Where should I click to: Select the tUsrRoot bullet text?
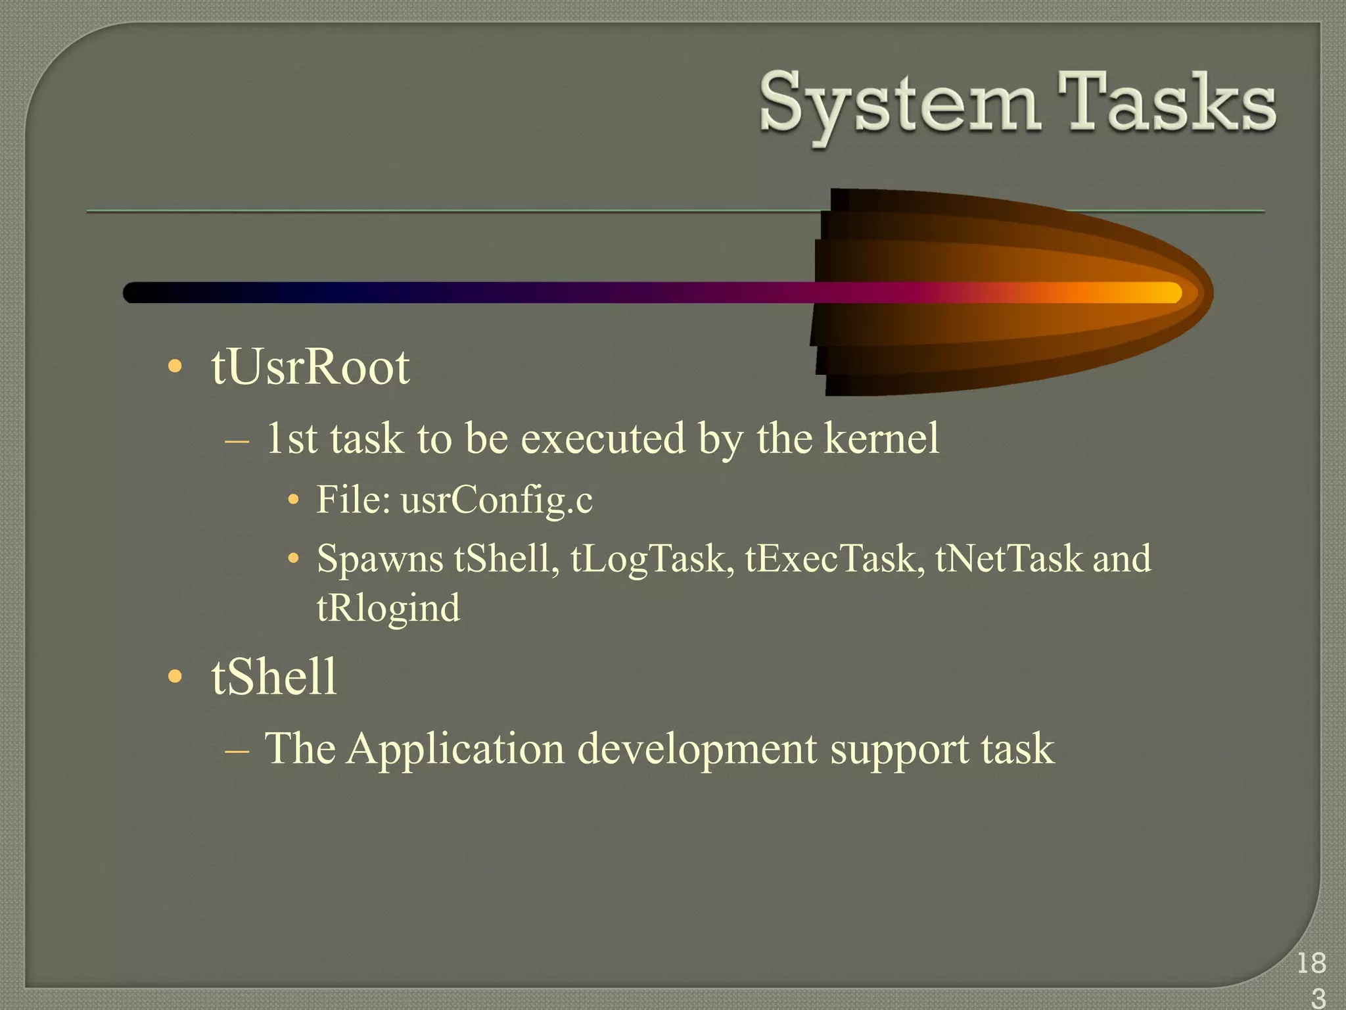310,367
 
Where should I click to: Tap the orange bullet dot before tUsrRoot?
175,367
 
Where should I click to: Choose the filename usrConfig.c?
496,500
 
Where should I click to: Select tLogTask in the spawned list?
652,559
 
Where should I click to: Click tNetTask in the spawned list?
1009,559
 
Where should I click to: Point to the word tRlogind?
388,608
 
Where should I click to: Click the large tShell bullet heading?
274,677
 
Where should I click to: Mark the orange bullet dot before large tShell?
175,677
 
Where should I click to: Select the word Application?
455,749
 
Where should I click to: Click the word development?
697,749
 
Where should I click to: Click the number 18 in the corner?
1311,963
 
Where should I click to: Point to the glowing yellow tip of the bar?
1163,293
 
